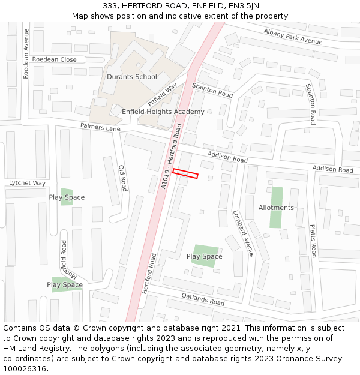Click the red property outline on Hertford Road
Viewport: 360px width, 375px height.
(185, 173)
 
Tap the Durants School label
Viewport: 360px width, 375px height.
(131, 77)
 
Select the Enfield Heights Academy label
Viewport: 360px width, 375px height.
(163, 112)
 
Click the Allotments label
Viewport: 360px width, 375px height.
(276, 208)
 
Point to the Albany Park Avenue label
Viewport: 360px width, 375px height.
(293, 36)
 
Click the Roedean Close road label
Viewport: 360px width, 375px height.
(54, 59)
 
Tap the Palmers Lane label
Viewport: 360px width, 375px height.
(100, 127)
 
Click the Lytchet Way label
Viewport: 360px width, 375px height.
(27, 183)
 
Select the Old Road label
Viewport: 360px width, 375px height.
(122, 178)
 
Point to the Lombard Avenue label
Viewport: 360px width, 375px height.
(244, 233)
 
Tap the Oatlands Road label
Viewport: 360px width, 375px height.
(203, 299)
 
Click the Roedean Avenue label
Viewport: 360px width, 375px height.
(26, 62)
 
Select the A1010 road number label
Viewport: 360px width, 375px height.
(165, 180)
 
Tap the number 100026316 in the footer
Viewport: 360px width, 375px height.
(25, 369)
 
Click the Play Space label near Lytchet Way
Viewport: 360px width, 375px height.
(67, 197)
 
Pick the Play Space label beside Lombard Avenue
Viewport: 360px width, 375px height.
(204, 256)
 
